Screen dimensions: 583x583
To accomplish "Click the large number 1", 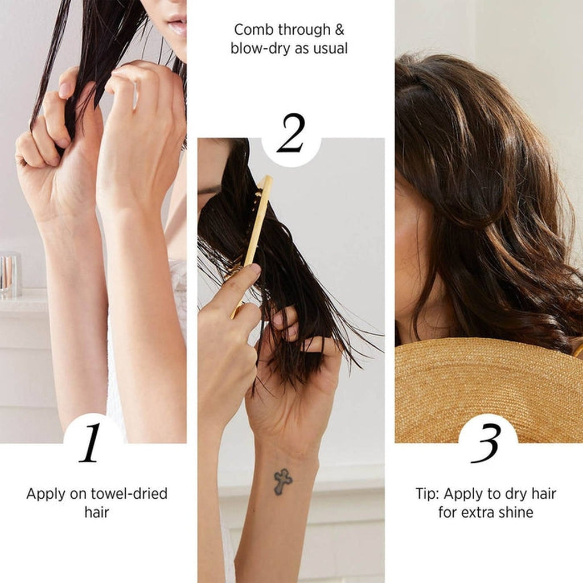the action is pyautogui.click(x=91, y=442).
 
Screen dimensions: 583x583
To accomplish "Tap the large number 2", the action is pyautogui.click(x=291, y=133).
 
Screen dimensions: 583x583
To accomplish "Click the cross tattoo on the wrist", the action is pyautogui.click(x=283, y=482).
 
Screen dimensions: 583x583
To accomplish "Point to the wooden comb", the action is pyautogui.click(x=251, y=245).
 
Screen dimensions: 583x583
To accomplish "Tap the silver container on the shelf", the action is pyautogui.click(x=10, y=274).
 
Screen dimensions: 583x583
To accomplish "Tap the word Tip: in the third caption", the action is pyautogui.click(x=428, y=494).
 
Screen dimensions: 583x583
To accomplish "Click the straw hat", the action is pyautogui.click(x=488, y=391).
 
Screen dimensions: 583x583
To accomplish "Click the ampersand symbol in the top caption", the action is pyautogui.click(x=339, y=30).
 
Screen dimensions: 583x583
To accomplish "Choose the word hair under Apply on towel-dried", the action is pyautogui.click(x=97, y=512).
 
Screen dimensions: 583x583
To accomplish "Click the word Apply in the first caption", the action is pyautogui.click(x=46, y=495).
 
